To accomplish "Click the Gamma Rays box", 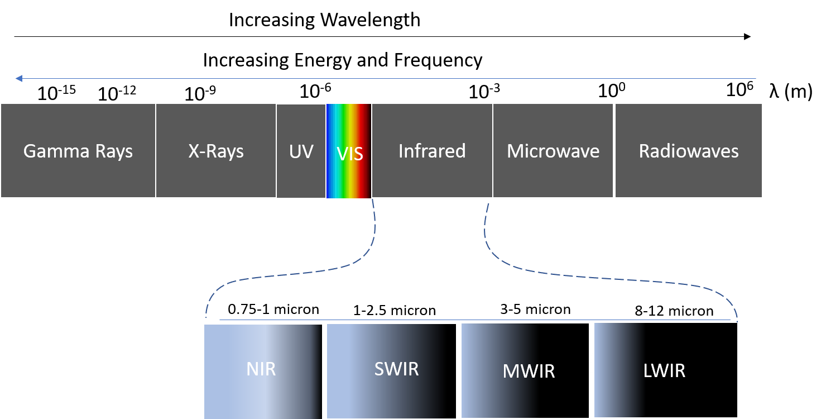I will click(x=78, y=150).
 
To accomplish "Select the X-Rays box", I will click(x=216, y=150).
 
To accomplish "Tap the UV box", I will click(x=301, y=151).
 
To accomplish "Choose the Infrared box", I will click(x=432, y=150).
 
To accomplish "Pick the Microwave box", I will click(x=553, y=150).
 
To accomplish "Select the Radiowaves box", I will click(x=689, y=150).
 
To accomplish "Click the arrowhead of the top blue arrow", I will click(x=18, y=79).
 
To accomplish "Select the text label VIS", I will click(x=350, y=154).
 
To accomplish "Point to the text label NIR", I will click(x=261, y=369).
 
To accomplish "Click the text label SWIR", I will click(x=396, y=369).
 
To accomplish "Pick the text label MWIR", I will click(x=529, y=372).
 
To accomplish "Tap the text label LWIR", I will click(x=664, y=370).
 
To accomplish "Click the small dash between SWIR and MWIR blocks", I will click(x=458, y=373).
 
